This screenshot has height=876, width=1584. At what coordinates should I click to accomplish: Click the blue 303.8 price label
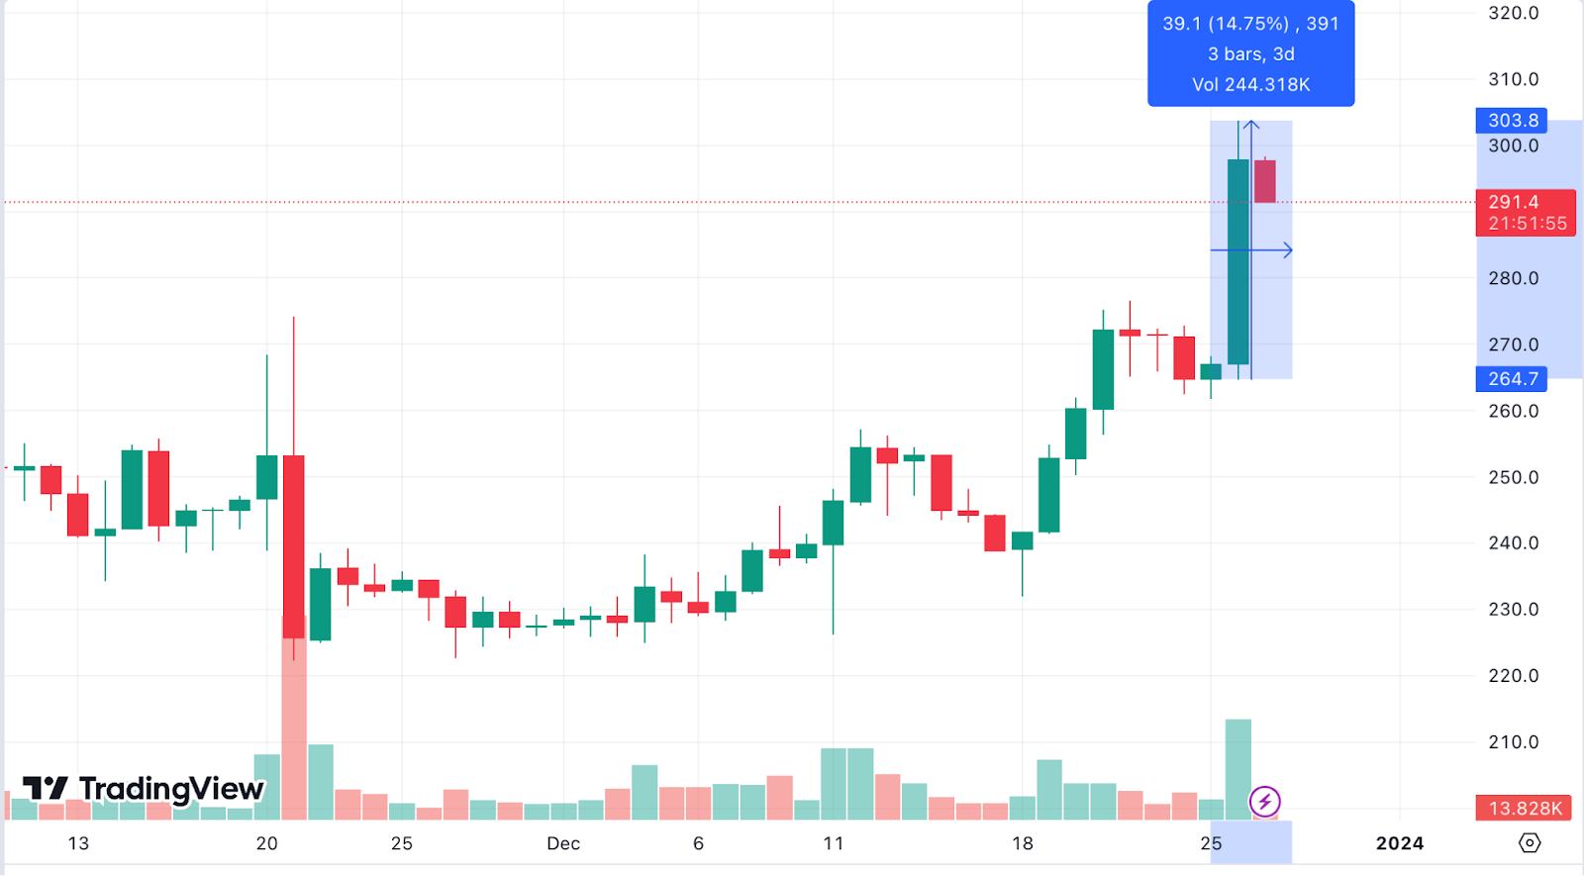pyautogui.click(x=1512, y=121)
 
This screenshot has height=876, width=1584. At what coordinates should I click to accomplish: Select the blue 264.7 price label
pyautogui.click(x=1512, y=379)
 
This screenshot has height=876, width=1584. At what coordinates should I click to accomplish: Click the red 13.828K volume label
pyautogui.click(x=1525, y=809)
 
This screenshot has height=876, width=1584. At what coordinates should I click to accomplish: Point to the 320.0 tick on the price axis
pyautogui.click(x=1513, y=14)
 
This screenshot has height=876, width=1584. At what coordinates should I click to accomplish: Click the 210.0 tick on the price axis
pyautogui.click(x=1513, y=742)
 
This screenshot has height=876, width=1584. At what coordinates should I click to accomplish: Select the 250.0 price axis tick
pyautogui.click(x=1513, y=477)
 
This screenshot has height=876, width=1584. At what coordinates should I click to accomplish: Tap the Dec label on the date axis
pyautogui.click(x=563, y=843)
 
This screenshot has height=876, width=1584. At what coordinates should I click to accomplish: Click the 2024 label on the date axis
pyautogui.click(x=1399, y=843)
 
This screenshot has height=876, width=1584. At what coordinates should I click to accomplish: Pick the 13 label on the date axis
pyautogui.click(x=78, y=843)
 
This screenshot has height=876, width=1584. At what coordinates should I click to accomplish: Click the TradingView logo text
pyautogui.click(x=170, y=789)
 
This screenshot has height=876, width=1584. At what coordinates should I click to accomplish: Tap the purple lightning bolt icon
pyautogui.click(x=1264, y=801)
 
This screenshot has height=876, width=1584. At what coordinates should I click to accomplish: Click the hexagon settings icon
pyautogui.click(x=1530, y=842)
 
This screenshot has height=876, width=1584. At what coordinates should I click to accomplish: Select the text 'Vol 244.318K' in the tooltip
pyautogui.click(x=1250, y=85)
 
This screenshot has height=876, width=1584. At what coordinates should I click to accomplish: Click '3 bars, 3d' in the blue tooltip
pyautogui.click(x=1250, y=54)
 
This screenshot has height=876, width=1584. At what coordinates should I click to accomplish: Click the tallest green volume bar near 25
pyautogui.click(x=1237, y=769)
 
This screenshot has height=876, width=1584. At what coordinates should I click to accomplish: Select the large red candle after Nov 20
pyautogui.click(x=294, y=544)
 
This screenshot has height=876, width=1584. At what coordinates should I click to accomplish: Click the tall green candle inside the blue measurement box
pyautogui.click(x=1237, y=262)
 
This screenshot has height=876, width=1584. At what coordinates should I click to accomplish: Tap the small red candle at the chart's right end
pyautogui.click(x=1265, y=181)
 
